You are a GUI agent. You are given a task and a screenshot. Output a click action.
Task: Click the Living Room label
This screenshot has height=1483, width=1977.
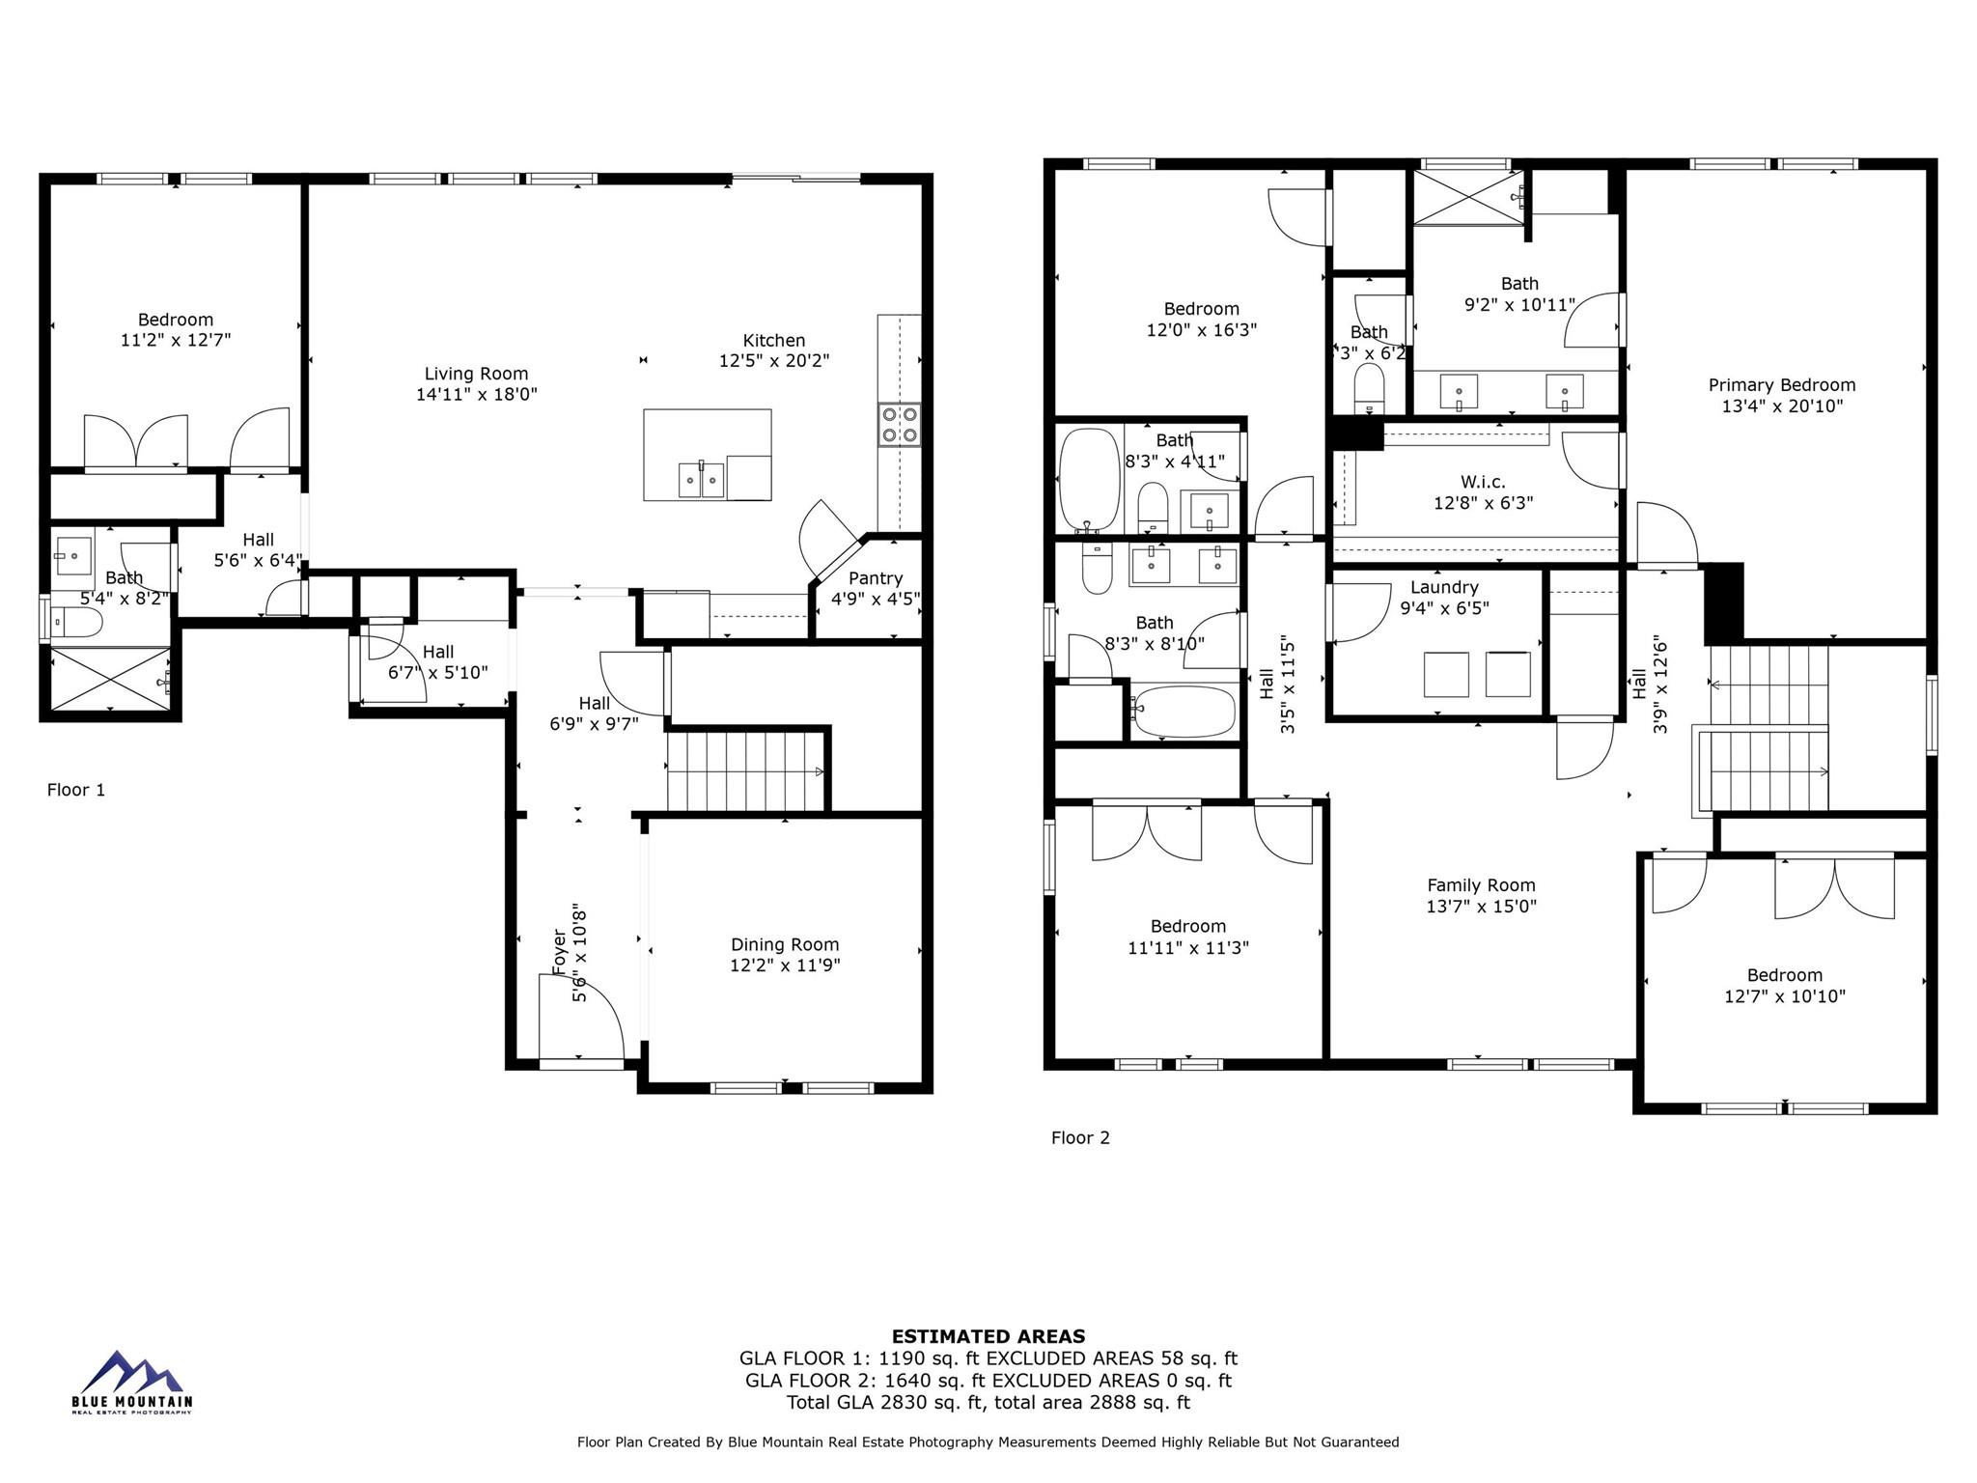pyautogui.click(x=476, y=374)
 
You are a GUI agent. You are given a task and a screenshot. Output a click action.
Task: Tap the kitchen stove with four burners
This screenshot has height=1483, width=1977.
pyautogui.click(x=899, y=425)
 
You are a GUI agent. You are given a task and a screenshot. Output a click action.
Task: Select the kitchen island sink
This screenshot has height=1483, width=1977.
pyautogui.click(x=701, y=479)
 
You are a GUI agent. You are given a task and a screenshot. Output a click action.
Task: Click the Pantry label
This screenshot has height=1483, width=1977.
pyautogui.click(x=876, y=578)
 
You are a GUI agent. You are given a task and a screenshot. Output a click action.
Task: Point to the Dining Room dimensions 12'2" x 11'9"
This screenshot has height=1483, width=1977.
pyautogui.click(x=785, y=965)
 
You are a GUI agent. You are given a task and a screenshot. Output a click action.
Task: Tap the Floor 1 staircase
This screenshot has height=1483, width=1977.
pyautogui.click(x=746, y=771)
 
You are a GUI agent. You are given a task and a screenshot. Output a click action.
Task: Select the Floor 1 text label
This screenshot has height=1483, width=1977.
pyautogui.click(x=76, y=790)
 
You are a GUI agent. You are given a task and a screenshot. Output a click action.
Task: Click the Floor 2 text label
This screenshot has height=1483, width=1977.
pyautogui.click(x=1080, y=1137)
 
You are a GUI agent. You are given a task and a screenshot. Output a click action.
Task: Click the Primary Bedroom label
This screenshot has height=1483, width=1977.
pyautogui.click(x=1781, y=385)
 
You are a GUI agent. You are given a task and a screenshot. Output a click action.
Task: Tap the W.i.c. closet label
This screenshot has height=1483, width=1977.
pyautogui.click(x=1483, y=482)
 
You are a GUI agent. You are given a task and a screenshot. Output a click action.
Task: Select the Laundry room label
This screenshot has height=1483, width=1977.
pyautogui.click(x=1444, y=587)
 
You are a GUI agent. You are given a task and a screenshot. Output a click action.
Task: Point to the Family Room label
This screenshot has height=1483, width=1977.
pyautogui.click(x=1481, y=885)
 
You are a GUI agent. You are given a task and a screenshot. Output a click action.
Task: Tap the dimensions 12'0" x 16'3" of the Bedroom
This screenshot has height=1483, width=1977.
pyautogui.click(x=1201, y=330)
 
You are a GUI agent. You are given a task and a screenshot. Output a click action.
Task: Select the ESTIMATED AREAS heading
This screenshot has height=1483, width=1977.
pyautogui.click(x=988, y=1336)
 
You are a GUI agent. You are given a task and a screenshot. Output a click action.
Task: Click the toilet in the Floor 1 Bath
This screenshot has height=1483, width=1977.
pyautogui.click(x=76, y=624)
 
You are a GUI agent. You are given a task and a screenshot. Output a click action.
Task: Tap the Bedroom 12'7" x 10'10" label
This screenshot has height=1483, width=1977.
pyautogui.click(x=1784, y=975)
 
